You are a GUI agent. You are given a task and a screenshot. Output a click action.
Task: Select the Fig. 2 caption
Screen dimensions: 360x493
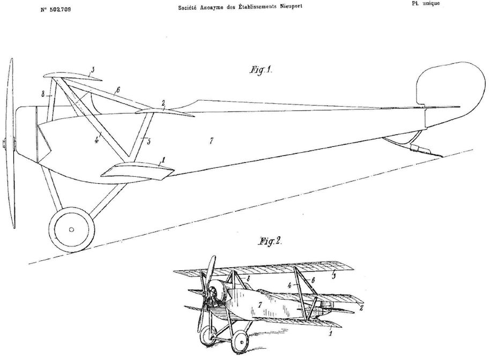point(271,241)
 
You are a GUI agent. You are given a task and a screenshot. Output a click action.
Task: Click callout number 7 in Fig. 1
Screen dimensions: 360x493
point(212,140)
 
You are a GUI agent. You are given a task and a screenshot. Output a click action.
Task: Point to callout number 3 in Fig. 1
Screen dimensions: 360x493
point(93,70)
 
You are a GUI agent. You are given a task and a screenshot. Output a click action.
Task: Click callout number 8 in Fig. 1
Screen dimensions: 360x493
point(42,94)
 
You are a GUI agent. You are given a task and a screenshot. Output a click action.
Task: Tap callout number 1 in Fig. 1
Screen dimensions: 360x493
point(163,159)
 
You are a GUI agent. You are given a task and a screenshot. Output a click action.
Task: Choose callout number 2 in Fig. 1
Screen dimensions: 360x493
point(163,102)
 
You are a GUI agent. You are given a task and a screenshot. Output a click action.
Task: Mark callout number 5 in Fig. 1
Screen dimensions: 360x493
point(149,142)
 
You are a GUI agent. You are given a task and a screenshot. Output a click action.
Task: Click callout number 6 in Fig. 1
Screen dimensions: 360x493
point(118,89)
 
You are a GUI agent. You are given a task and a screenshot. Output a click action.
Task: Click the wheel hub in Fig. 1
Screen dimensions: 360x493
point(71,229)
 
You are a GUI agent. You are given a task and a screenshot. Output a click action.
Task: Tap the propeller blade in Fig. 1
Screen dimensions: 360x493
point(10,145)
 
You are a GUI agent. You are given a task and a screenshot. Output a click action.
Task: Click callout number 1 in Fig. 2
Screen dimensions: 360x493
point(330,333)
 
